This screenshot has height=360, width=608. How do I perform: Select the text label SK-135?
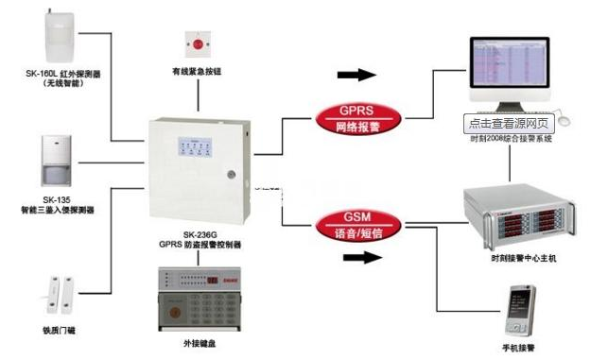(x=57, y=199)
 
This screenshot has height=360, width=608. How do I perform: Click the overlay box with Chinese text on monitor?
(x=510, y=123)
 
